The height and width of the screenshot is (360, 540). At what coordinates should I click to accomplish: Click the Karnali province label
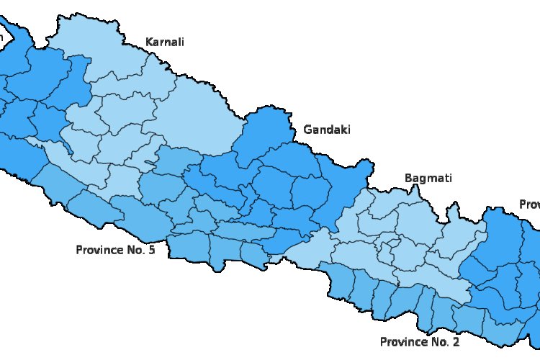165,42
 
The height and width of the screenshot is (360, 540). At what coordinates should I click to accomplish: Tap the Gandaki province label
327,130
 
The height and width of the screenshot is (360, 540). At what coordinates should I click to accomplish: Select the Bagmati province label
428,177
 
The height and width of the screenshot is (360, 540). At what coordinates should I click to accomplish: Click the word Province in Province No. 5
100,251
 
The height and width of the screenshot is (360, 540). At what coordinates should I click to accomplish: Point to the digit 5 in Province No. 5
151,250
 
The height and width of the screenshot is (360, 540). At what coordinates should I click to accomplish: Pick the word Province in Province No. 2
404,342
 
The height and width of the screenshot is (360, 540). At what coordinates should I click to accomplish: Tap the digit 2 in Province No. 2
456,341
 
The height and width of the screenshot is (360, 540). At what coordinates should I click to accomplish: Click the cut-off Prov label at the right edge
529,205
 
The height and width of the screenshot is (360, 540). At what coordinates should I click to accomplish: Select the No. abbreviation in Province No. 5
135,250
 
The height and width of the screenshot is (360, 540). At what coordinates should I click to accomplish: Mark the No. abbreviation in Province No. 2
440,341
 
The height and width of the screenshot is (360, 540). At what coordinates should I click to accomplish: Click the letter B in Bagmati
408,177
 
